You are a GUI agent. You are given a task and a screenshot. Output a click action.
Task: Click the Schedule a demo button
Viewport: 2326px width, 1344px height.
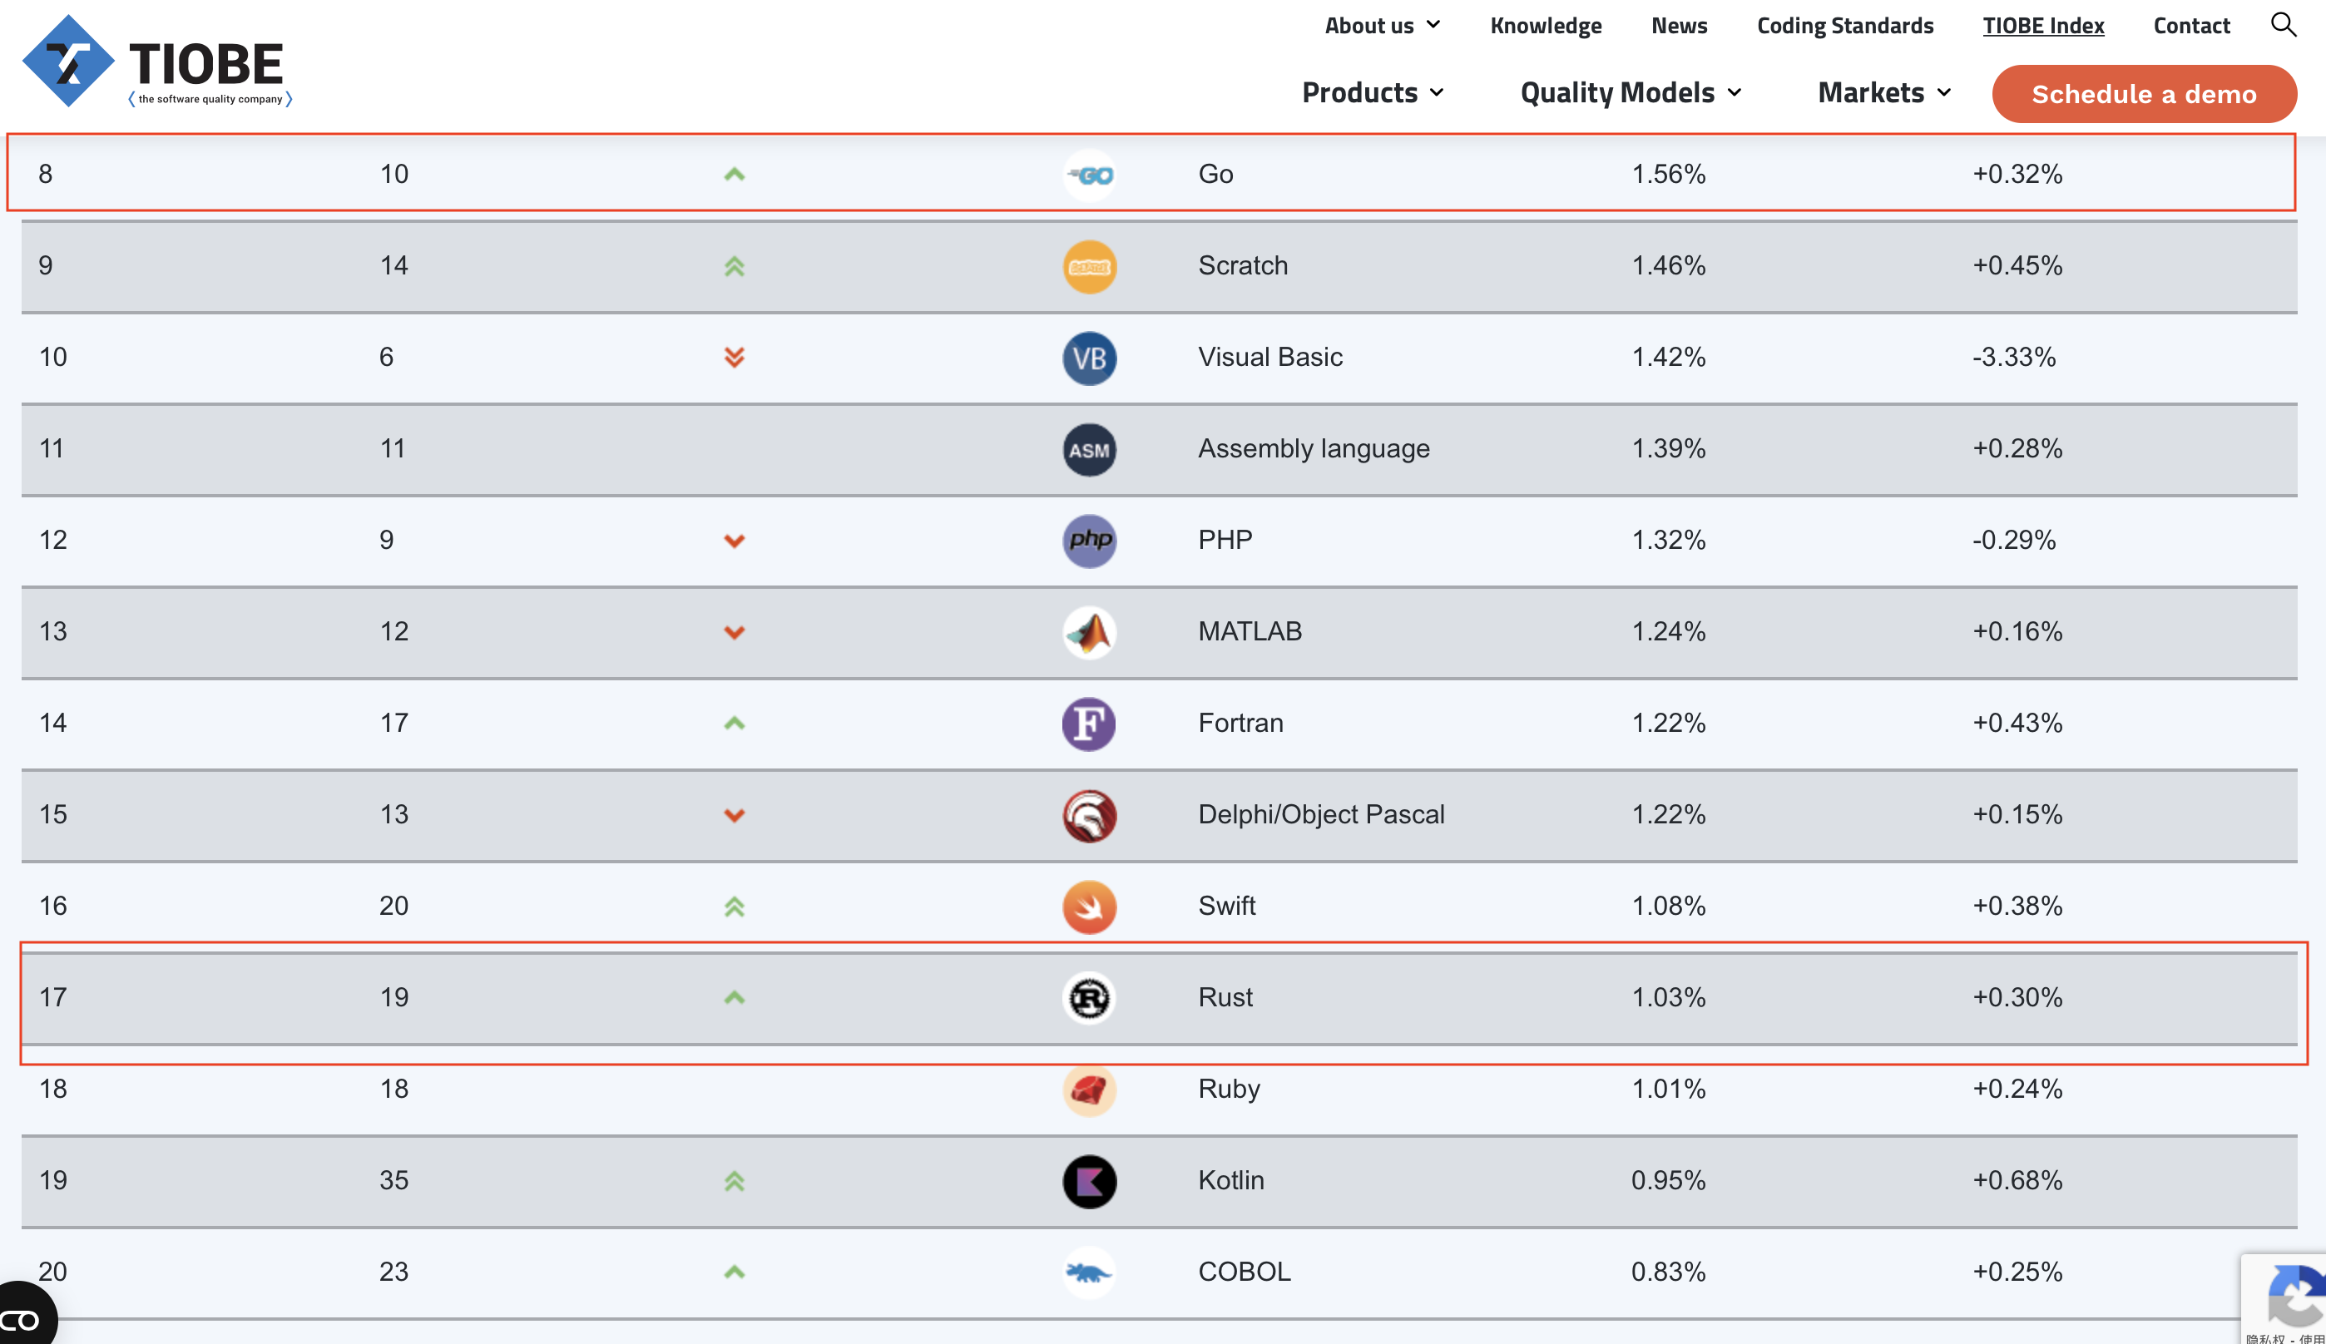2143,93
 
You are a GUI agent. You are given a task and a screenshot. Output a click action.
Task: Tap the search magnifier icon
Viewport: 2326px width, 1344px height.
2283,24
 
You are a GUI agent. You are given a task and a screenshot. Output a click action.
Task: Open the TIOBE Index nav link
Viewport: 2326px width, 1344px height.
2042,25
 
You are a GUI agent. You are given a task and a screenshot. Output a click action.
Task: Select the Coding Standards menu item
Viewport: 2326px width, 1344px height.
1844,25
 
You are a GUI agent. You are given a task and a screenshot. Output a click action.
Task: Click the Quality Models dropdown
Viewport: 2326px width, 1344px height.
1630,92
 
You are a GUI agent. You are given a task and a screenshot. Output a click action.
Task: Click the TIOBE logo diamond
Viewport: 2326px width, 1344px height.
68,61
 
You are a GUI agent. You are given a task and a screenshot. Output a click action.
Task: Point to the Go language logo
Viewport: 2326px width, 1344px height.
1089,175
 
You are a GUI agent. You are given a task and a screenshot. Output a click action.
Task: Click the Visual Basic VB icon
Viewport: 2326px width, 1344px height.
1089,358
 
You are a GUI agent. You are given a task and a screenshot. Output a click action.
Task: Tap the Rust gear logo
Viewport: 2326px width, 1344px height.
1089,998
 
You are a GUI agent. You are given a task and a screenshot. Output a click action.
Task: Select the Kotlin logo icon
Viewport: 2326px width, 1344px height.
1089,1182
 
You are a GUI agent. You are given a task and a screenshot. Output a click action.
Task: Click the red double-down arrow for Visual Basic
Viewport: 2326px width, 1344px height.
734,358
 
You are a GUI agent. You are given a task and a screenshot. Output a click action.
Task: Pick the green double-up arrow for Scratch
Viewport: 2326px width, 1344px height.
734,266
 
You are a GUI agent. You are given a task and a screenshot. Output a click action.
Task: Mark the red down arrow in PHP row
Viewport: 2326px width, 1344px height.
734,541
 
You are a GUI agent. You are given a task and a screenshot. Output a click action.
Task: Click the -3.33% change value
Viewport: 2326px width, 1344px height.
2014,358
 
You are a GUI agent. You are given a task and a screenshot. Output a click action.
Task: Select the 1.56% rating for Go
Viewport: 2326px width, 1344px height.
1668,174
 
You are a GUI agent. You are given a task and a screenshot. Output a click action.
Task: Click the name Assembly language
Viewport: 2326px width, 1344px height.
1314,448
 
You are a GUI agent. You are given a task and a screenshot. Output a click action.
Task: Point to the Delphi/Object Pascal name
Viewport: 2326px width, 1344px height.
1321,814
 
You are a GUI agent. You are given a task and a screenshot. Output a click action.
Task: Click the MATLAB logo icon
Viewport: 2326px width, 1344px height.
1089,632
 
